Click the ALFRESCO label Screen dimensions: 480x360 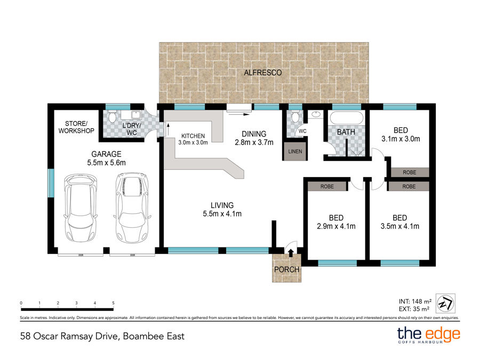tap(262, 73)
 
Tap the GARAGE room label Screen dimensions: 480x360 tap(106, 154)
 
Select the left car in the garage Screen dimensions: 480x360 tap(81, 207)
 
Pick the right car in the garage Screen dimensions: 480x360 tap(132, 207)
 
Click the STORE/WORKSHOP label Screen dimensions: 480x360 tap(76, 127)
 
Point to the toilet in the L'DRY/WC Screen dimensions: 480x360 tap(112, 117)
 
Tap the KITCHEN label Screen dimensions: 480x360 tap(193, 136)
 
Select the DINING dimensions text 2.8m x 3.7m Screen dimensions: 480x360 tap(254, 142)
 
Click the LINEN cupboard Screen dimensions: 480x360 tap(295, 151)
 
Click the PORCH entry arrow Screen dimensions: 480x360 tap(291, 253)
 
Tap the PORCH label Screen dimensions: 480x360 tap(286, 270)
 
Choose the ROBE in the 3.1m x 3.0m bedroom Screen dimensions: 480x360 tap(410, 172)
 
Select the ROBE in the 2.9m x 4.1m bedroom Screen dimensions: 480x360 tap(327, 187)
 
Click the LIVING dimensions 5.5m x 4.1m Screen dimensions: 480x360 tap(222, 214)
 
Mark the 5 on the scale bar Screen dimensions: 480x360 tap(113, 303)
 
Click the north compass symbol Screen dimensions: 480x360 tap(445, 303)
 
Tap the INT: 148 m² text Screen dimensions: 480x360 tap(415, 301)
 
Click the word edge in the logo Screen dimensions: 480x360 tap(443, 334)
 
